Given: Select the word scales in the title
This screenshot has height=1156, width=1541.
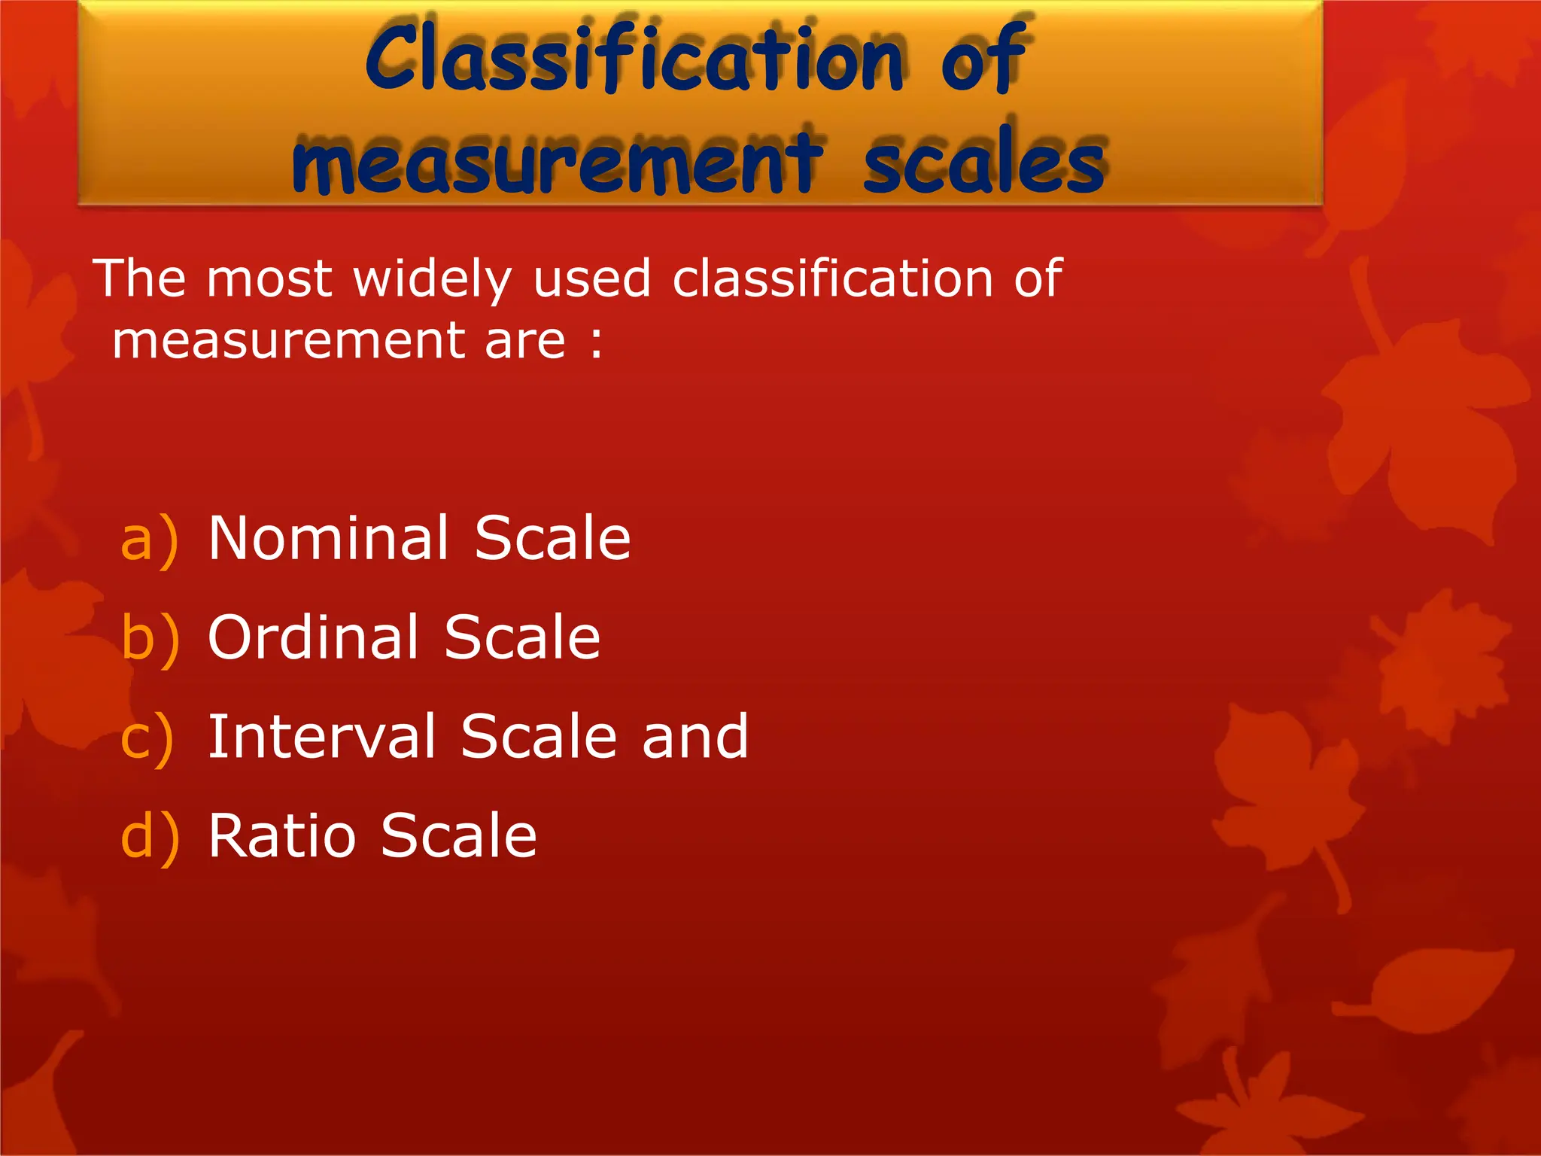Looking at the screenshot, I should (x=983, y=162).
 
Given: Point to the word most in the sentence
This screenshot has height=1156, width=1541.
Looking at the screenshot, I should (x=269, y=279).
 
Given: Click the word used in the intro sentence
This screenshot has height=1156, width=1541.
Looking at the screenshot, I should (x=591, y=279).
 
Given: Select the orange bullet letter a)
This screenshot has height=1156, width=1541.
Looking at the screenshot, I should (x=150, y=540).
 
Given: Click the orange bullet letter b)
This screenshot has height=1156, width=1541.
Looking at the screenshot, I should (x=150, y=639).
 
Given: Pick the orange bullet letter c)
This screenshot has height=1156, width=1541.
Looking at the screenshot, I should (x=147, y=738).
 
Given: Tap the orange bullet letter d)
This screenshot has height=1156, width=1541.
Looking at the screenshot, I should (x=150, y=837).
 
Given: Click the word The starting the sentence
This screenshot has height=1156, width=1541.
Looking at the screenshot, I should (x=139, y=278).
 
